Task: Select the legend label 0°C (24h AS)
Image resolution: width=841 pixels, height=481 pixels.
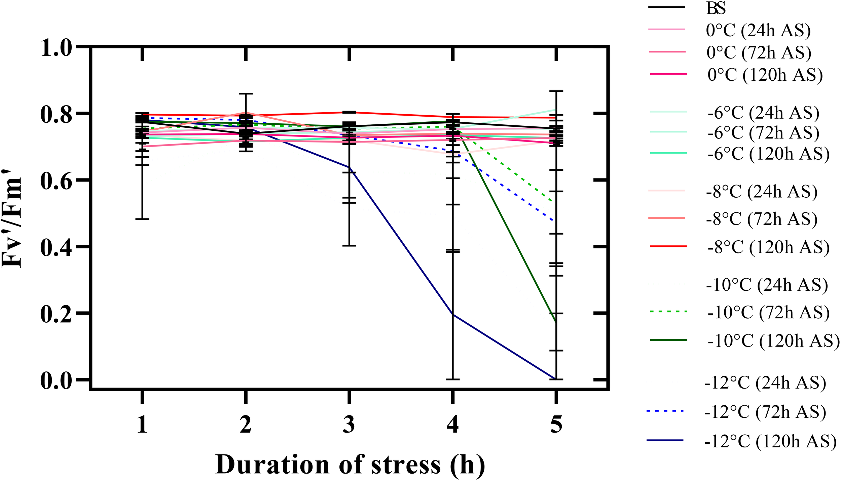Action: coord(758,31)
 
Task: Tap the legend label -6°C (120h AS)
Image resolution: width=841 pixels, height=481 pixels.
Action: coord(768,154)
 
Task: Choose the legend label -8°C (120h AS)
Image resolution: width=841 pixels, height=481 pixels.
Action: coord(768,247)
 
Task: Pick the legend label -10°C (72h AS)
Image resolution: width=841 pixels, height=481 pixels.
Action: coord(768,313)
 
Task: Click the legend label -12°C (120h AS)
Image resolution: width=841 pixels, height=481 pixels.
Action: coord(770,441)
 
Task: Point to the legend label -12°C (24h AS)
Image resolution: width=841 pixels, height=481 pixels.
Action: coord(765,383)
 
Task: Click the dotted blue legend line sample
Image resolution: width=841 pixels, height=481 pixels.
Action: coord(665,411)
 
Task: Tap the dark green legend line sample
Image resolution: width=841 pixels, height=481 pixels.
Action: coord(668,340)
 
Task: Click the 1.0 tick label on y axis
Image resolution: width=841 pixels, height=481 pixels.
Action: coord(56,48)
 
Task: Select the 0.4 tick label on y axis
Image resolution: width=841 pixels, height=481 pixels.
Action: coord(56,248)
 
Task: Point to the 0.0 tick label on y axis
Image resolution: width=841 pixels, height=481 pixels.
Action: coord(56,381)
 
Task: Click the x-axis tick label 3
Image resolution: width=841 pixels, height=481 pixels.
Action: coord(349,425)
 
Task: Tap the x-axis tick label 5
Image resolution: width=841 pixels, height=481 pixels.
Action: coord(556,425)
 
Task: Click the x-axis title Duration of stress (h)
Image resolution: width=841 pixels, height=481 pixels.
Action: coord(350,465)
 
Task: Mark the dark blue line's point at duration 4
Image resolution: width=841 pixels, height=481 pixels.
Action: coord(453,315)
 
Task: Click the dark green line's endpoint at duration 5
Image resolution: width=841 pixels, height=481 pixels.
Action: coord(556,323)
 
